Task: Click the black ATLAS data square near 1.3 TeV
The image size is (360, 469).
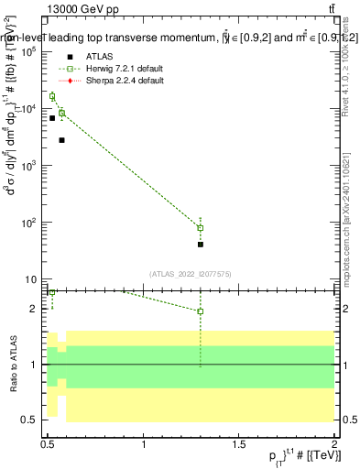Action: [x=201, y=245]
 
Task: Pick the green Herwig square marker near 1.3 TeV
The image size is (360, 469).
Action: [x=201, y=228]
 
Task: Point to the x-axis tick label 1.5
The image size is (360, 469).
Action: [x=239, y=444]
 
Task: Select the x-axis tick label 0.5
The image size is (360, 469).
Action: [x=49, y=444]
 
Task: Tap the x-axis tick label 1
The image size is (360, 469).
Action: [x=144, y=444]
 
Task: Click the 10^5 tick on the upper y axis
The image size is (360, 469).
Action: [x=29, y=52]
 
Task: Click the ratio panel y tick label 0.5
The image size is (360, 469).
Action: [x=32, y=420]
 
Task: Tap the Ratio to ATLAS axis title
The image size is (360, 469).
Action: [x=12, y=365]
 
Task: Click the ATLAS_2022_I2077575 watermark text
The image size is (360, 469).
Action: [x=191, y=273]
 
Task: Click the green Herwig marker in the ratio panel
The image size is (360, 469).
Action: [x=201, y=311]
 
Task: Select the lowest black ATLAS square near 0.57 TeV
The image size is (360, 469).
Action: [x=61, y=140]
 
